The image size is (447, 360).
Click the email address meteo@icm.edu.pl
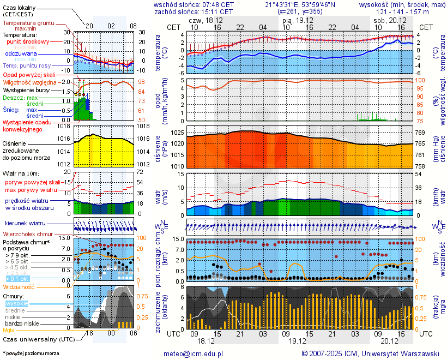[x=194, y=353]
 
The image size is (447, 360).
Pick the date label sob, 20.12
[x=386, y=20]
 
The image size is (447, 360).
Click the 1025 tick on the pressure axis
[x=175, y=133]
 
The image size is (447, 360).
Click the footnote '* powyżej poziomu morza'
[x=30, y=353]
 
